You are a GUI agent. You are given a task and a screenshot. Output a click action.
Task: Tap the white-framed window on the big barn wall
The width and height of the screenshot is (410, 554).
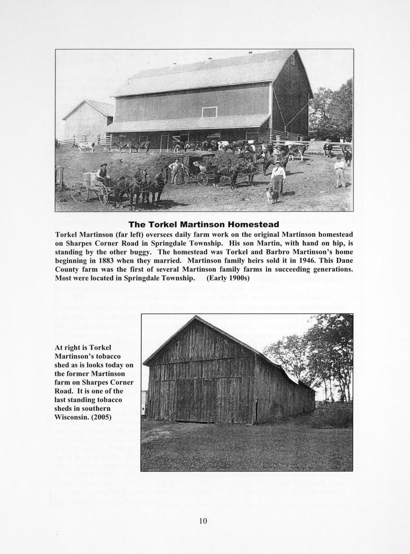209,112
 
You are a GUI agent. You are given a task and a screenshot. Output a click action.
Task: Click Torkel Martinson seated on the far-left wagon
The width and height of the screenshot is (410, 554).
103,173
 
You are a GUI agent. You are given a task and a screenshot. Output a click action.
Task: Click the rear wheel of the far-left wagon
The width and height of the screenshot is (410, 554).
80,192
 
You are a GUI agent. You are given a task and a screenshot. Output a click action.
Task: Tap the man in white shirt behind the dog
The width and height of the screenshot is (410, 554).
278,175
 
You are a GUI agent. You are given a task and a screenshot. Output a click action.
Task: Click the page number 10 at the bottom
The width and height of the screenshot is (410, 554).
203,521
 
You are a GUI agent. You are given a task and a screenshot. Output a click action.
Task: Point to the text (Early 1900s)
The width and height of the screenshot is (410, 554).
228,278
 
